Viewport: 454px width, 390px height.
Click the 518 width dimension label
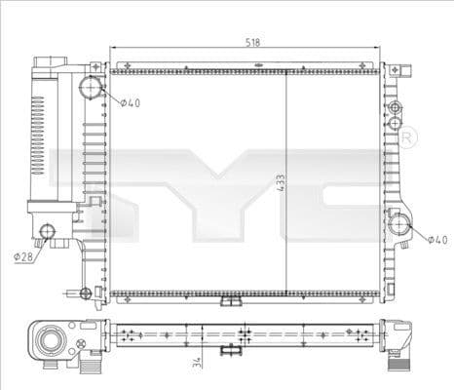coord(251,43)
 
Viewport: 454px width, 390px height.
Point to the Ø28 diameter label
coord(24,256)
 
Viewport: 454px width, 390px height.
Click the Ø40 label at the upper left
coord(131,102)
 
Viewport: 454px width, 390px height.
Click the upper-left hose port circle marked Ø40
coord(91,89)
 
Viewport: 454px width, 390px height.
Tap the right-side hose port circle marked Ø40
coord(400,224)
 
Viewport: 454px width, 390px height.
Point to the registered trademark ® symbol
coord(408,138)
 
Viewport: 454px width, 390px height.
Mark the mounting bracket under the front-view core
coord(231,301)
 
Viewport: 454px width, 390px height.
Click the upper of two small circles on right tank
coord(394,106)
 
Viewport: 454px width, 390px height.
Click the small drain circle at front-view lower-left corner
coord(86,291)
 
